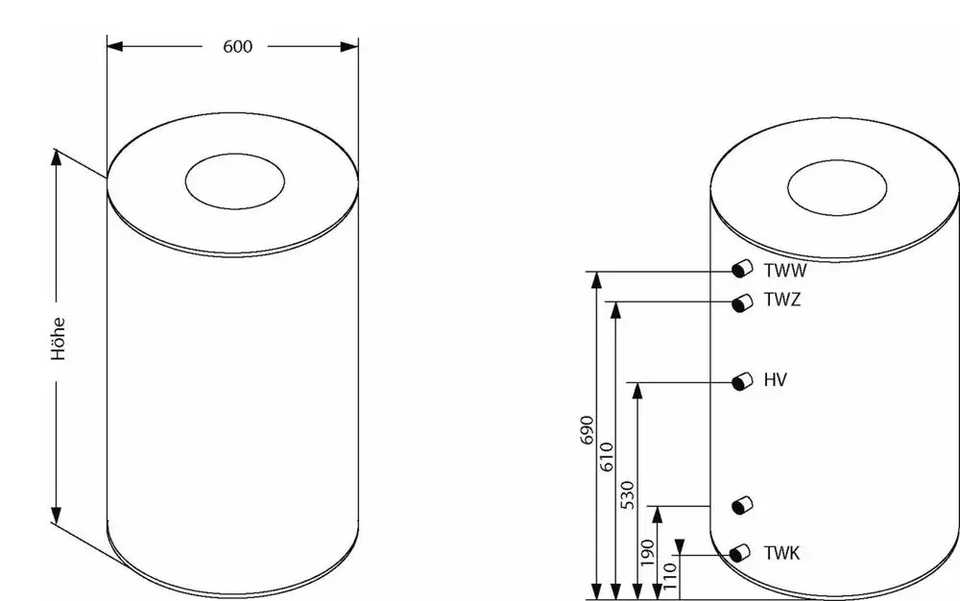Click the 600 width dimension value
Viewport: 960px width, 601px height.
(237, 47)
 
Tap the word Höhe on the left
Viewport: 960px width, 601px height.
(59, 339)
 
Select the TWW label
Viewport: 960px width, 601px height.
(785, 270)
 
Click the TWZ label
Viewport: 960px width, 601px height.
(781, 300)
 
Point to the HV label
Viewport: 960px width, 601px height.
(775, 380)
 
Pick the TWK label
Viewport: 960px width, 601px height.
(781, 553)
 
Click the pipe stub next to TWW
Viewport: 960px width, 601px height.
(742, 269)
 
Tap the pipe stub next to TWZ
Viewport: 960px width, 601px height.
(742, 302)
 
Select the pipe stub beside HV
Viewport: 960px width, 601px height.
(742, 381)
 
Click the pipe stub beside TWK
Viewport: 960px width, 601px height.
(740, 553)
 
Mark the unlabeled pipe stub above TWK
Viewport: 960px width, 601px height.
(742, 506)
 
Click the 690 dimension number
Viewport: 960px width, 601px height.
(587, 430)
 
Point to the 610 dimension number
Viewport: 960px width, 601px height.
(606, 457)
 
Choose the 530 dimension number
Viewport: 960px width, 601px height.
(628, 495)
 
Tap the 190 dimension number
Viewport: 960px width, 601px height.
(647, 553)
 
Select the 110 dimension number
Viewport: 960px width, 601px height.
(670, 577)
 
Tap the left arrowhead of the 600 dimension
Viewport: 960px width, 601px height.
(115, 46)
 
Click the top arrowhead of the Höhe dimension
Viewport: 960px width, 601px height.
(57, 157)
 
